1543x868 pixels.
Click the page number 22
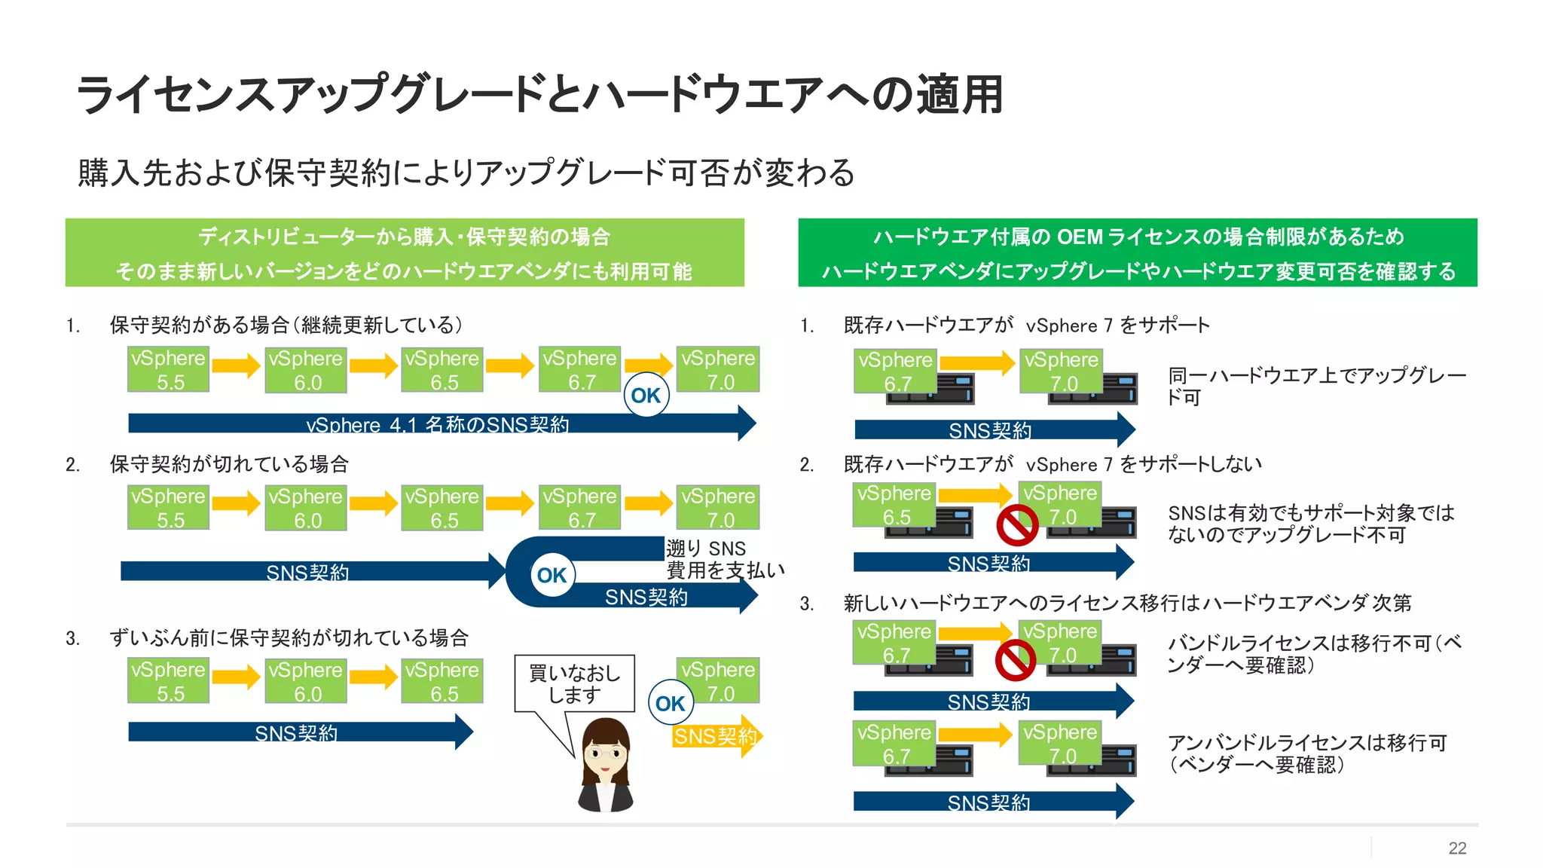[1456, 848]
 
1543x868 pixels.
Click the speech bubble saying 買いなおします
[574, 683]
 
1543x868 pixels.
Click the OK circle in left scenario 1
[646, 395]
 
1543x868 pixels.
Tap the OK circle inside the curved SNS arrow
[552, 575]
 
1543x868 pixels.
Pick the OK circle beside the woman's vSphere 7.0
[670, 703]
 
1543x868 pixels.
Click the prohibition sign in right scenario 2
[1017, 525]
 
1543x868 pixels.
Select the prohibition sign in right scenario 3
[1016, 661]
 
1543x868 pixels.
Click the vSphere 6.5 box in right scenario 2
[894, 506]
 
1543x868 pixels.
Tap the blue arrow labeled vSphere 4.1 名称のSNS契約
[437, 423]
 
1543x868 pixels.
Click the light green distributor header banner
[405, 253]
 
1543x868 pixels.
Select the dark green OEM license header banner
[1137, 253]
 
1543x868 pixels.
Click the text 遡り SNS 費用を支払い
[723, 559]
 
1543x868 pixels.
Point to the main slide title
[539, 95]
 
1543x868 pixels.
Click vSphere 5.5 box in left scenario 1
[168, 369]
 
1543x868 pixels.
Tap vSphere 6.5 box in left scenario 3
[442, 681]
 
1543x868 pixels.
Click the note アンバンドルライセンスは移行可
[1306, 753]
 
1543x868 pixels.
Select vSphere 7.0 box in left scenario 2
[718, 507]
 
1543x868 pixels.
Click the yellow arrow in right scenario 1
[976, 362]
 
